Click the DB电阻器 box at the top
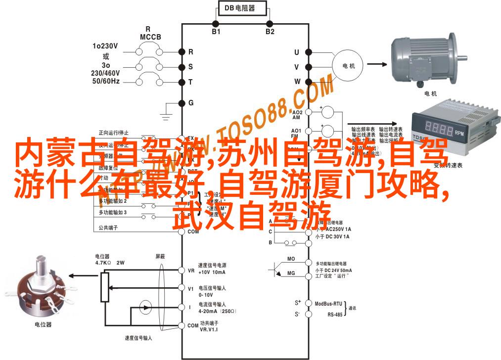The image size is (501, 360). (x=242, y=8)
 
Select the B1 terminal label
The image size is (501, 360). (x=216, y=32)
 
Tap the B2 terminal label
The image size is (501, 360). (x=270, y=32)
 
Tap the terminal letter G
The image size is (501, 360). (x=191, y=103)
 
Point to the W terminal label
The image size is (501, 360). (x=297, y=81)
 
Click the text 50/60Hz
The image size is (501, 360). (x=105, y=81)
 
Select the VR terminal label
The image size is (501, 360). (x=191, y=270)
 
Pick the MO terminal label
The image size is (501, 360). (x=291, y=259)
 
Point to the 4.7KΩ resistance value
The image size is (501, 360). (x=104, y=263)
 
